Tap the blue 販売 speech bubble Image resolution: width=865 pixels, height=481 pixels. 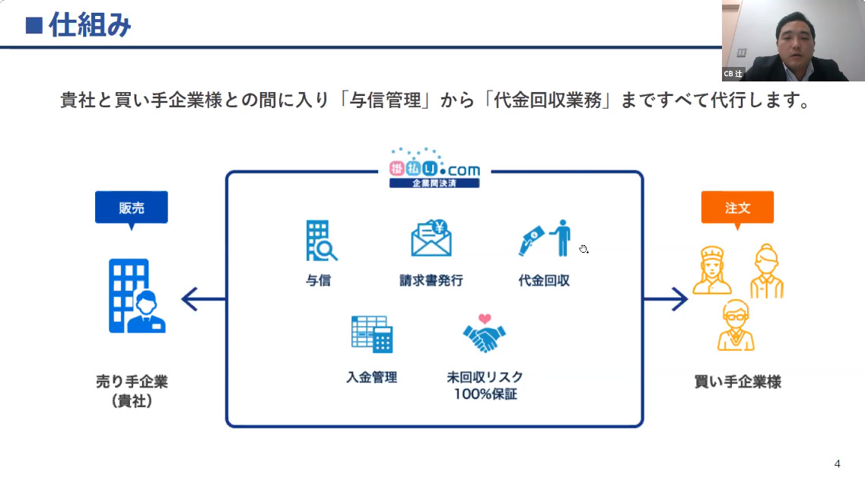(131, 208)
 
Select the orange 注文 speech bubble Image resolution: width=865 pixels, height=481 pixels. (737, 207)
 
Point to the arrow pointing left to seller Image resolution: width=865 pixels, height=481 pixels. (202, 299)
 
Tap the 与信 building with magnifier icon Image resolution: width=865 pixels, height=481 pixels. (320, 240)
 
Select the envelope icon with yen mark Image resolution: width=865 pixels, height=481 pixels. (431, 238)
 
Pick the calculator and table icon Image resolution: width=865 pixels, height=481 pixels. (371, 334)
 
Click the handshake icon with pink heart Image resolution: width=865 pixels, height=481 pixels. (485, 333)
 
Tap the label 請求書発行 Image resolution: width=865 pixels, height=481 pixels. (431, 280)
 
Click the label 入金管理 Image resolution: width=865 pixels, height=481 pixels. (371, 377)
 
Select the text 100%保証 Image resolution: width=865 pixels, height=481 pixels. (485, 394)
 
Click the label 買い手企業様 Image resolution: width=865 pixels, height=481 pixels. (737, 381)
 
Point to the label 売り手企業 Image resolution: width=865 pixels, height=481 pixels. (132, 381)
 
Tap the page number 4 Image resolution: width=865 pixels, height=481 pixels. (837, 463)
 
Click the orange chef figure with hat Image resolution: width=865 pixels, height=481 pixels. (713, 269)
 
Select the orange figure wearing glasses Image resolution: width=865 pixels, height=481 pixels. (735, 324)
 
